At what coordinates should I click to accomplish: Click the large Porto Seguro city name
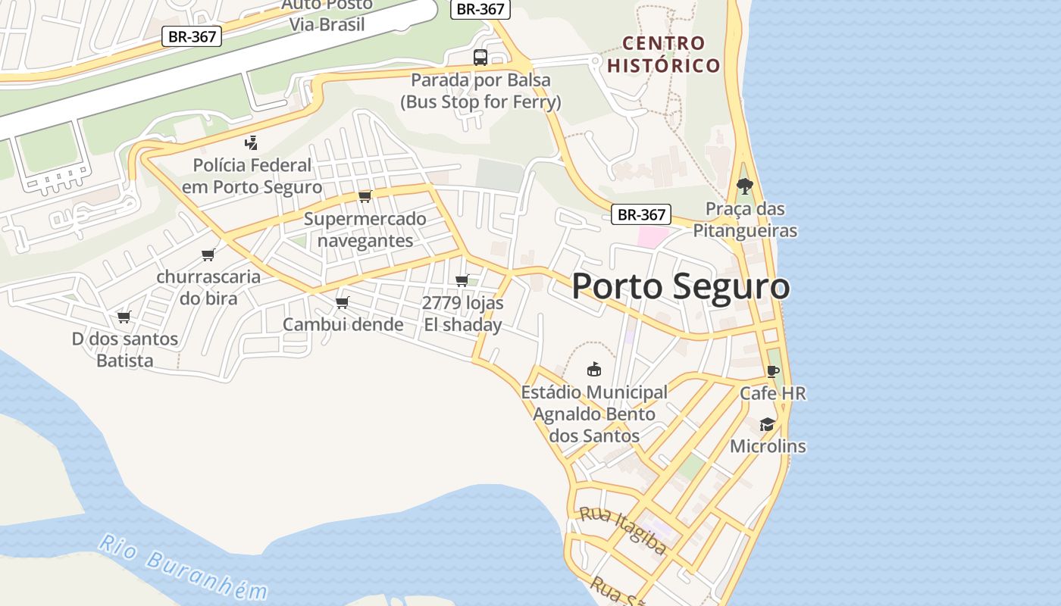click(x=680, y=287)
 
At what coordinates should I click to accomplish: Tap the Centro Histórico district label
click(x=663, y=54)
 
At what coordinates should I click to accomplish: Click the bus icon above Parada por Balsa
click(x=480, y=57)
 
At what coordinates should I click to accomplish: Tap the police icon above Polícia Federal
click(x=252, y=142)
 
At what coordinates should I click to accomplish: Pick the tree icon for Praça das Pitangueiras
click(x=745, y=186)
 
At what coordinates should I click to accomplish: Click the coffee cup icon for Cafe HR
click(x=772, y=371)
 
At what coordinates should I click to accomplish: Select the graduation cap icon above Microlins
click(x=768, y=424)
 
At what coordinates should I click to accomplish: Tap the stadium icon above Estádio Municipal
click(x=594, y=370)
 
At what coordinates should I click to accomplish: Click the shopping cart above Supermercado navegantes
click(x=365, y=197)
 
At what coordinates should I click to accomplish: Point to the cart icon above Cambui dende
click(x=342, y=303)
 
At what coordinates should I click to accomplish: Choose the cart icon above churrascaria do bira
click(x=208, y=255)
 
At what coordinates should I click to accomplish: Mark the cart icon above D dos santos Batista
click(x=124, y=317)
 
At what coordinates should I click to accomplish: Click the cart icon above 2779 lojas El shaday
click(x=462, y=280)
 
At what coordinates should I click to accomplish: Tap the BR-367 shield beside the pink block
click(x=641, y=215)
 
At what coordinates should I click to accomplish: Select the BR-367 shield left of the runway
click(x=192, y=36)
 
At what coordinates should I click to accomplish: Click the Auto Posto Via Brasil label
click(x=327, y=14)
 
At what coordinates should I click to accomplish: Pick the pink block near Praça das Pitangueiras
click(x=652, y=236)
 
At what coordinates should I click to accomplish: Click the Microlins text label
click(x=768, y=446)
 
